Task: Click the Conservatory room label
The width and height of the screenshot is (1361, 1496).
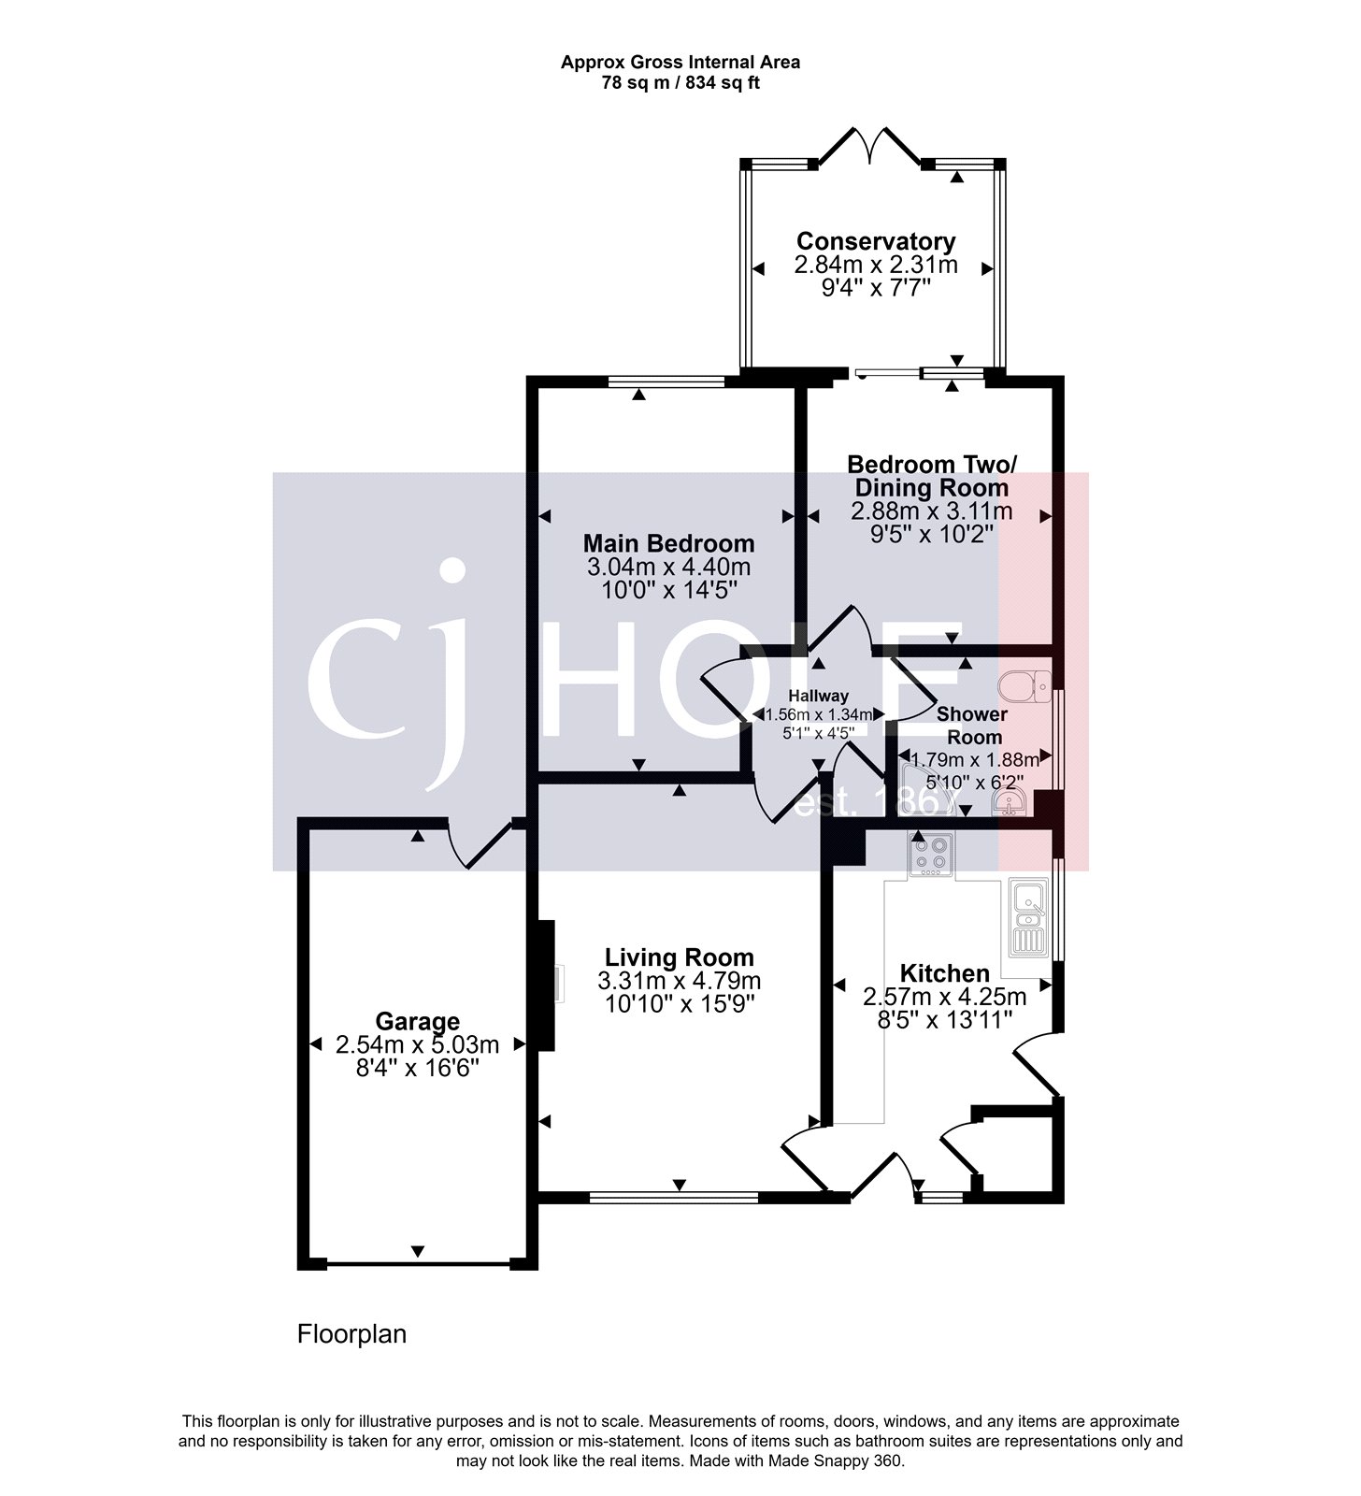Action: click(875, 241)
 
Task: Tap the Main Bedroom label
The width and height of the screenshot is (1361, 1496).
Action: click(668, 543)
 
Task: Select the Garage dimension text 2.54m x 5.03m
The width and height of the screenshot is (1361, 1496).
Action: click(417, 1044)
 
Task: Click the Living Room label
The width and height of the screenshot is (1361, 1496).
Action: click(679, 957)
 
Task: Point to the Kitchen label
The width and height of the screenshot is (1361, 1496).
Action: click(944, 972)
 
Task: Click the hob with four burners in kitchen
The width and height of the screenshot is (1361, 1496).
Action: click(931, 854)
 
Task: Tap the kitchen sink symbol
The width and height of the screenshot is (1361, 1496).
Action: click(1028, 915)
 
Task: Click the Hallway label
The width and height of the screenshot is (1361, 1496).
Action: click(818, 696)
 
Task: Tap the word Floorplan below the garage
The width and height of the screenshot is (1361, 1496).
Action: click(351, 1333)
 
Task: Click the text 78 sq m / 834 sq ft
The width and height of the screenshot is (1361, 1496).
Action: click(680, 82)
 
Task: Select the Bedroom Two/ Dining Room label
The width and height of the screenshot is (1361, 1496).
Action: click(931, 476)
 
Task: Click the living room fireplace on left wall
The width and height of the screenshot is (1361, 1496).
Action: click(545, 985)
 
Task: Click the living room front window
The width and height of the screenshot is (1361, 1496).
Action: click(673, 1196)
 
